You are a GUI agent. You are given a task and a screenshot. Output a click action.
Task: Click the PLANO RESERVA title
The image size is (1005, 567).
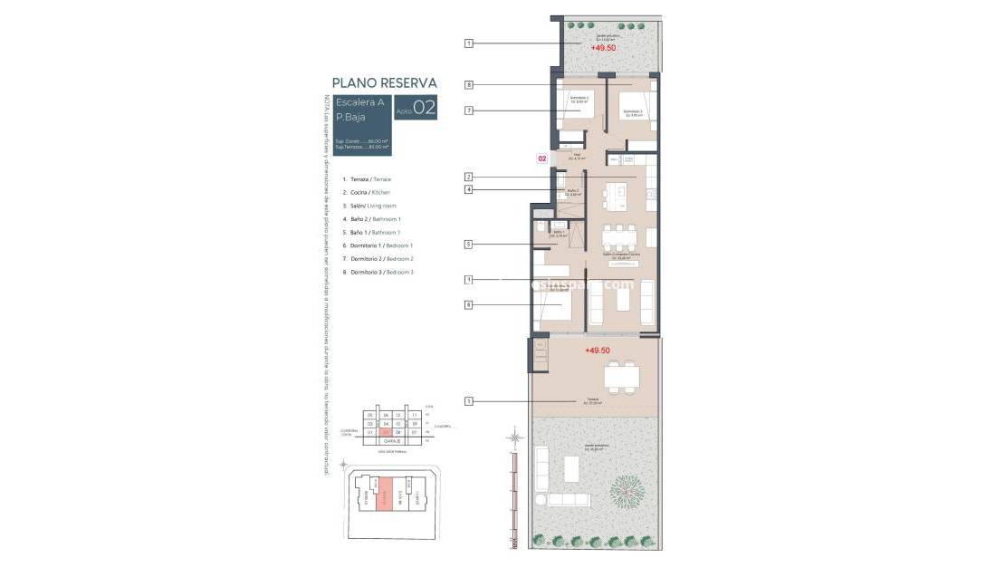(384, 82)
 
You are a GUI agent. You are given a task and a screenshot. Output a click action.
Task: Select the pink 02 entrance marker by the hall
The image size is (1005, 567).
(542, 159)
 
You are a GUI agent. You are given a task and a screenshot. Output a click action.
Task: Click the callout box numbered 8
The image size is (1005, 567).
(469, 85)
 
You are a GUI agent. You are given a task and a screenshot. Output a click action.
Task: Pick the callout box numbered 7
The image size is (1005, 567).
(469, 111)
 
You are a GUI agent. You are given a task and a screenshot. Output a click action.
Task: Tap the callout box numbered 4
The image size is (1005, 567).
(469, 190)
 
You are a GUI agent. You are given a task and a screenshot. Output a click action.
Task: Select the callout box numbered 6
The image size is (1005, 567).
(469, 305)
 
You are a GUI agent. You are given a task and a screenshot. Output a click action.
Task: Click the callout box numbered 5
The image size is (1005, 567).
(469, 244)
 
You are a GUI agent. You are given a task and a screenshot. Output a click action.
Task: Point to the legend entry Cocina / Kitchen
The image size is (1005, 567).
(366, 193)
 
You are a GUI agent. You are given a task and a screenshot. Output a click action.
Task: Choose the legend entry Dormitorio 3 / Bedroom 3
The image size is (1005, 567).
(377, 272)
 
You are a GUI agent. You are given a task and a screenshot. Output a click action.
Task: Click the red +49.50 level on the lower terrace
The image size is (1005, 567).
(598, 350)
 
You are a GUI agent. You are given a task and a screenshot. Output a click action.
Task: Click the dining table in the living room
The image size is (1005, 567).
(621, 237)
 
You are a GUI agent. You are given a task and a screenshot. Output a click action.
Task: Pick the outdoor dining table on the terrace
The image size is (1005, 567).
(621, 376)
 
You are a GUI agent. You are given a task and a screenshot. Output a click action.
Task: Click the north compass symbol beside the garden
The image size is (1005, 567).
(515, 439)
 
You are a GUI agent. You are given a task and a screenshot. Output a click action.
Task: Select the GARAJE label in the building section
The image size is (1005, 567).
(391, 441)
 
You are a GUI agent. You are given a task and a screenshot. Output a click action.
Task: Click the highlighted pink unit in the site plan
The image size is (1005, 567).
(385, 497)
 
